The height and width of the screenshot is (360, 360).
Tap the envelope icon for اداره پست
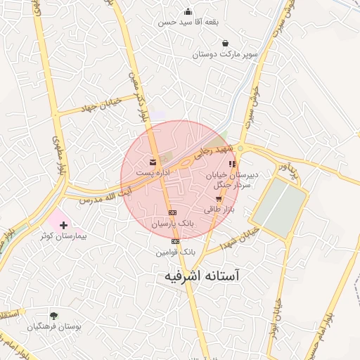(153, 162)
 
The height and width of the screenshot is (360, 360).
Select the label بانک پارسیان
(172, 223)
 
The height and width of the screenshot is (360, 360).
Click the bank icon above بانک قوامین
(175, 241)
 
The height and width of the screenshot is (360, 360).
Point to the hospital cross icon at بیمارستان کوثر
(65, 226)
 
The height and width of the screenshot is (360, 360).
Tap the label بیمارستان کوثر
(63, 237)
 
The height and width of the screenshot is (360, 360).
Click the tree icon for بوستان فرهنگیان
(54, 316)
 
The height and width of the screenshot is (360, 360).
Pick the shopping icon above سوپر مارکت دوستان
(224, 44)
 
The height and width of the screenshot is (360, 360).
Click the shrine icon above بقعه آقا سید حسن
(188, 11)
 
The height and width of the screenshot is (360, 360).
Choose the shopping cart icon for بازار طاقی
(219, 199)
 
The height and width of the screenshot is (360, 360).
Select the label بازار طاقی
(217, 210)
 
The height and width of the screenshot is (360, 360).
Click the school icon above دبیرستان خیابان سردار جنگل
(233, 164)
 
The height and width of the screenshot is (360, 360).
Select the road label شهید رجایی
(214, 152)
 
